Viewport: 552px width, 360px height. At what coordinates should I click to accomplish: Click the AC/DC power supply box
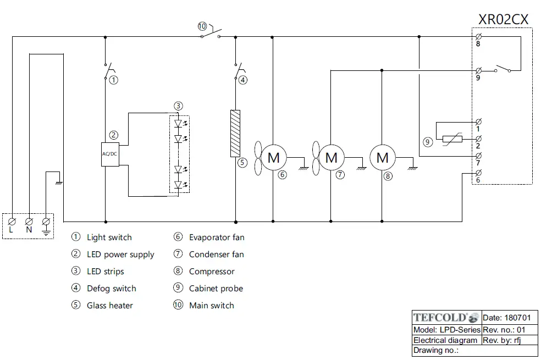click(110, 154)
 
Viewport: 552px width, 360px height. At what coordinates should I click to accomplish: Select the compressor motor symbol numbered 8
click(383, 158)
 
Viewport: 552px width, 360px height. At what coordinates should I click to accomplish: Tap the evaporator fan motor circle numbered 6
click(273, 158)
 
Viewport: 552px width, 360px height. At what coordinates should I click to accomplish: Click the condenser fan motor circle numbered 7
click(331, 158)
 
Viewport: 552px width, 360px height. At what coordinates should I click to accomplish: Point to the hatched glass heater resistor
click(235, 133)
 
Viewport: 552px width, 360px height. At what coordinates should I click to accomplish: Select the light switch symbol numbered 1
click(109, 70)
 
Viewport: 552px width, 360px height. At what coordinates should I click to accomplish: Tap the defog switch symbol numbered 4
click(240, 70)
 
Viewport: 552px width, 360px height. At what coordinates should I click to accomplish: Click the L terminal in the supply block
click(12, 221)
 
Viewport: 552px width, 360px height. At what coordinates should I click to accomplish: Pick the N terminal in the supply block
click(29, 221)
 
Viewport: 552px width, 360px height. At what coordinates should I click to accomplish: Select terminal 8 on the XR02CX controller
click(478, 37)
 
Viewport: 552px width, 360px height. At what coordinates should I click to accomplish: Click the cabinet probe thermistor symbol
click(452, 140)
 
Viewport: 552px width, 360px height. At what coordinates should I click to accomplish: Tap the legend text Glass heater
click(110, 306)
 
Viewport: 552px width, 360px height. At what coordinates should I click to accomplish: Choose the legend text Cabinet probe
click(216, 289)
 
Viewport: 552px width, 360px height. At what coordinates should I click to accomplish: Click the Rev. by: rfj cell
click(501, 340)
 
